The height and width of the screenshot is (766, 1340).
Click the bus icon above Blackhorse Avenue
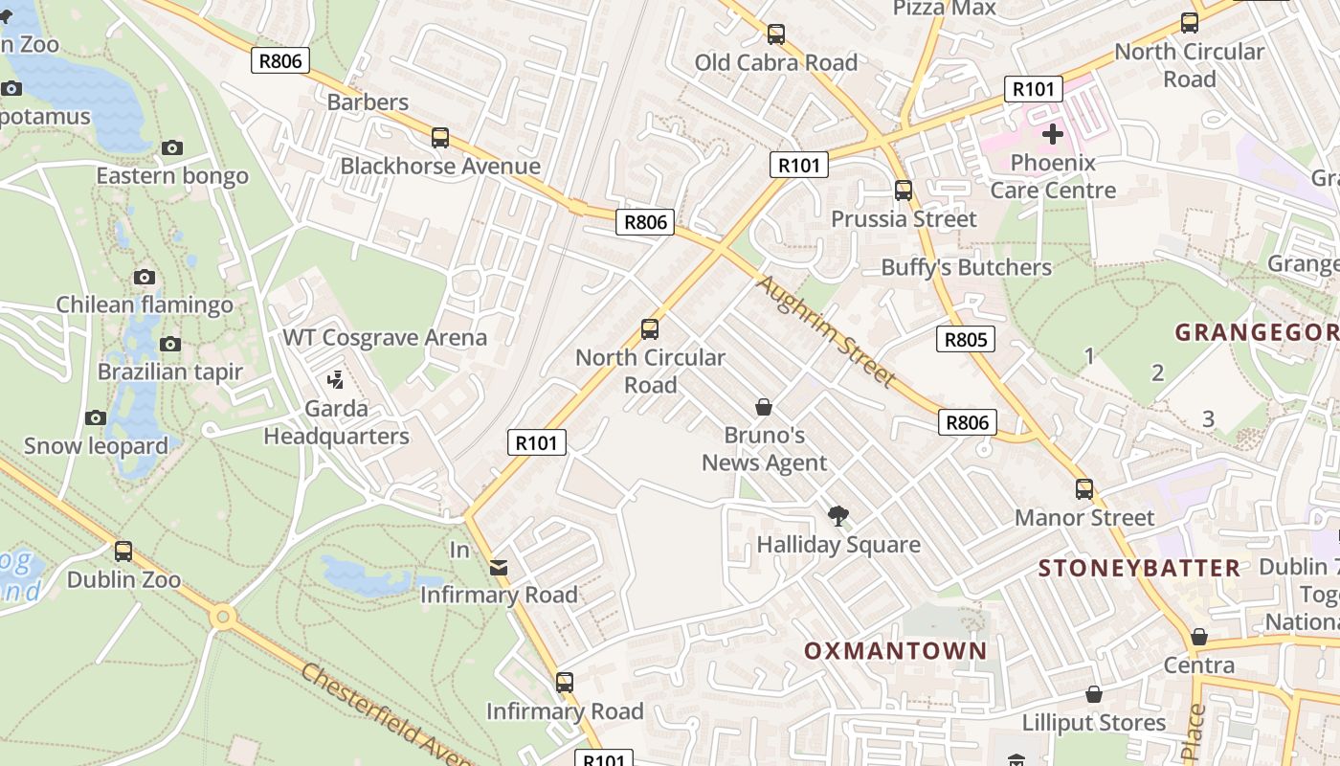coord(440,138)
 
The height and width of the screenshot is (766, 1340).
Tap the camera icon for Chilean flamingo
coord(145,278)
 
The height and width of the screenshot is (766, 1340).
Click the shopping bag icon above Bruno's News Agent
coord(764,408)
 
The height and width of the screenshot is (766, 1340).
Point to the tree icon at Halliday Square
coord(838,517)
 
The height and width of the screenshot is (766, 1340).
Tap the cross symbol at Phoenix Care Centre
coord(1053,134)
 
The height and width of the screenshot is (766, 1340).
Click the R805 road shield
coord(965,339)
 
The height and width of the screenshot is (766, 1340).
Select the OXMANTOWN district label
coord(895,651)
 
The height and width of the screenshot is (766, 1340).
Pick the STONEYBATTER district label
coord(1139,568)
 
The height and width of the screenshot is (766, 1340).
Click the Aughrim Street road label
coord(825,330)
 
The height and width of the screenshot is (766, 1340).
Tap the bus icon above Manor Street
coord(1084,489)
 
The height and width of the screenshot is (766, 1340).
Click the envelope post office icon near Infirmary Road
coord(499,568)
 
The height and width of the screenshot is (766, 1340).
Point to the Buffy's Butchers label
coord(966,267)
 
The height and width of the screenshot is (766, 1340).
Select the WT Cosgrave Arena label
coord(384,338)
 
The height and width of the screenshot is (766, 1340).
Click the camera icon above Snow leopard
coord(95,417)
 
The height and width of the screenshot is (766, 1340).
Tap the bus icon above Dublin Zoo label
coord(123,552)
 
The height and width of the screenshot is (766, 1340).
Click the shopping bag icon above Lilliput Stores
coord(1094,694)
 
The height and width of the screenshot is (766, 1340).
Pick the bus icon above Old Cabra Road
coord(776,34)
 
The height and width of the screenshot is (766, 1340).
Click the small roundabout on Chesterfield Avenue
coord(223,617)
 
